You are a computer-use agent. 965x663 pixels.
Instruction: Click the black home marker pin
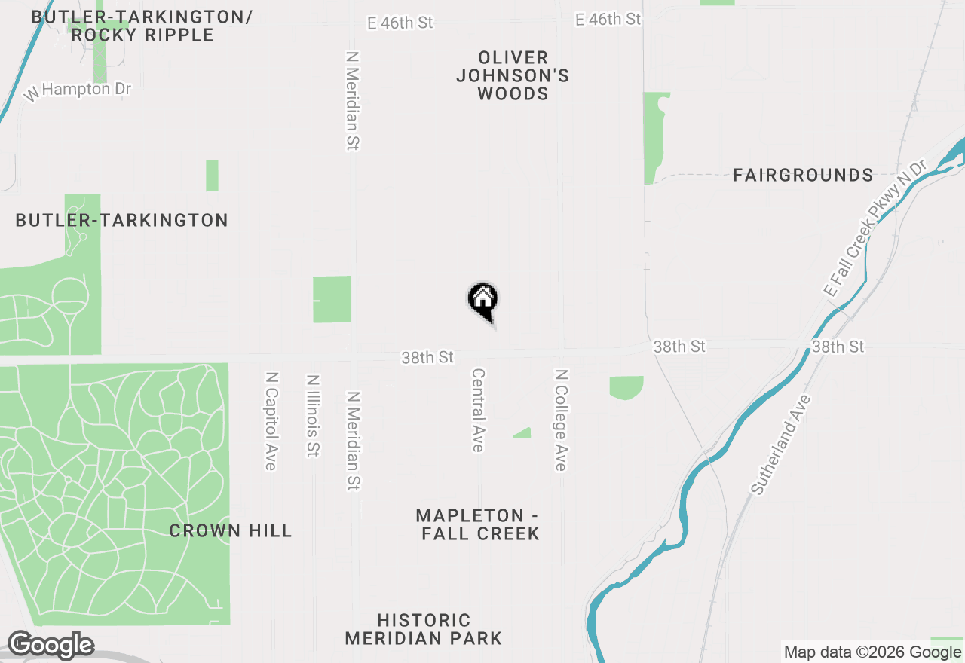coord(483,301)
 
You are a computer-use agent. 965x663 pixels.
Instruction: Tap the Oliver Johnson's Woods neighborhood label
coord(513,75)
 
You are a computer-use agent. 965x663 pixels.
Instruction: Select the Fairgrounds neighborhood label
coord(803,176)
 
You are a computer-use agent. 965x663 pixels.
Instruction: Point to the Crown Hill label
coord(230,530)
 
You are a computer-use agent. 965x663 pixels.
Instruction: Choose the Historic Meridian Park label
coord(424,629)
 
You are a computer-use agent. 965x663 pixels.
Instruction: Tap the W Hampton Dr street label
coord(78,90)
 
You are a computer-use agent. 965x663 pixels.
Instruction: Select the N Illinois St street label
coord(313,416)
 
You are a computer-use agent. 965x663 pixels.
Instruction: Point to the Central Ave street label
coord(477,411)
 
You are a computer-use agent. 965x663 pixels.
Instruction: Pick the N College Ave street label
coord(560,420)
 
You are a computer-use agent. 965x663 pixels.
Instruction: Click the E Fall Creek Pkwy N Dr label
coord(874,228)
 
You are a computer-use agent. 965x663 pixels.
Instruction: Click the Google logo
coord(51,646)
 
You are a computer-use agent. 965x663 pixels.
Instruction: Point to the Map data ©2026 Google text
coord(872,652)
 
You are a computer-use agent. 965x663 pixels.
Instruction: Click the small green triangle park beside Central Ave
coord(523,433)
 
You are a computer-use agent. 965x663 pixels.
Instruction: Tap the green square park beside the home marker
coord(332,299)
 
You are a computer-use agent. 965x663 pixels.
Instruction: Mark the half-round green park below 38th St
coord(626,386)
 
